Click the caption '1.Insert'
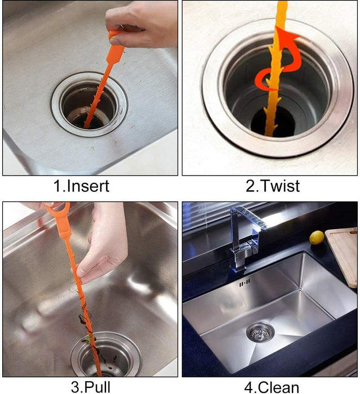pos(81,186)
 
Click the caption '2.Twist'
pos(273,186)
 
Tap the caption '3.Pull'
pos(91,387)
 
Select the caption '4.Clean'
pos(272,387)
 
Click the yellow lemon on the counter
pos(317,238)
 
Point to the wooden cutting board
pos(342,256)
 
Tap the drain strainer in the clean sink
pos(260,332)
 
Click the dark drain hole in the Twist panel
pos(273,122)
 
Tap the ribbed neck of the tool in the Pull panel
pos(64,232)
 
